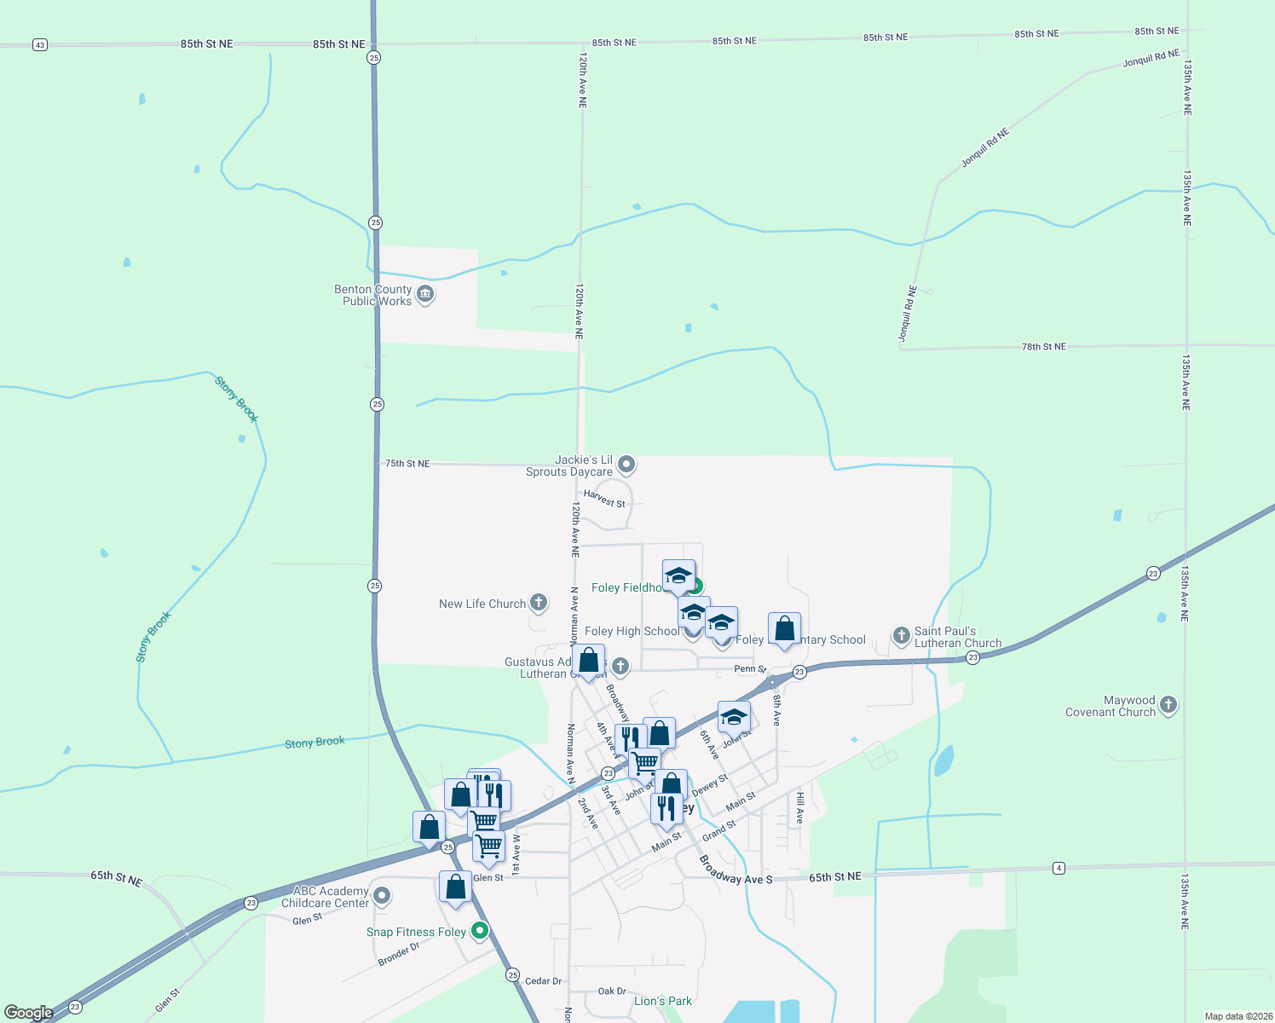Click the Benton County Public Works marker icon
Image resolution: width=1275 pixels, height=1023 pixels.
point(425,295)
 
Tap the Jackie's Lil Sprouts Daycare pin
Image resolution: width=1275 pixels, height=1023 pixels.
point(626,465)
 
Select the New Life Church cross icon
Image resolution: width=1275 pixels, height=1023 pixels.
point(539,603)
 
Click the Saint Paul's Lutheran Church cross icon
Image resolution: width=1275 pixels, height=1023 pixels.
point(901,635)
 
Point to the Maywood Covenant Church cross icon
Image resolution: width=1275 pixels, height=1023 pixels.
point(1168,705)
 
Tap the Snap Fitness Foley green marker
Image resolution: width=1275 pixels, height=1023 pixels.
point(480,931)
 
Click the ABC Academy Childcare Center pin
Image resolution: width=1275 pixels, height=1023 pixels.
point(382,896)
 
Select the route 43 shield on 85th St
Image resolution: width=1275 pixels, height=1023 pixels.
point(39,44)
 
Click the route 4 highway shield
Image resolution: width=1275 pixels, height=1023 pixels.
point(1059,868)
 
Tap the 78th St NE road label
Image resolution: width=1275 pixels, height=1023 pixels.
point(1043,347)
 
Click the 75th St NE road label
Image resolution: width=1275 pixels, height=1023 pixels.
point(407,464)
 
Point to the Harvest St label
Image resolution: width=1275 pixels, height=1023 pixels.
point(604,499)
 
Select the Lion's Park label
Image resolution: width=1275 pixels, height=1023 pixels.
point(662,1001)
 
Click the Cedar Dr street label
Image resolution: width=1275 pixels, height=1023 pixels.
point(543,981)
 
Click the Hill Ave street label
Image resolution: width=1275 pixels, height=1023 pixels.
point(800,807)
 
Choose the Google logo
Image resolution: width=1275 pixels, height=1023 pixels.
point(28,1013)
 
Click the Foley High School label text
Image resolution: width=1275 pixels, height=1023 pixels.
point(632,631)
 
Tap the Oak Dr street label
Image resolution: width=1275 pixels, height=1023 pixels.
point(612,991)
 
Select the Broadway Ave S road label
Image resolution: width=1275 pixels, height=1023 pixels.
point(735,870)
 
